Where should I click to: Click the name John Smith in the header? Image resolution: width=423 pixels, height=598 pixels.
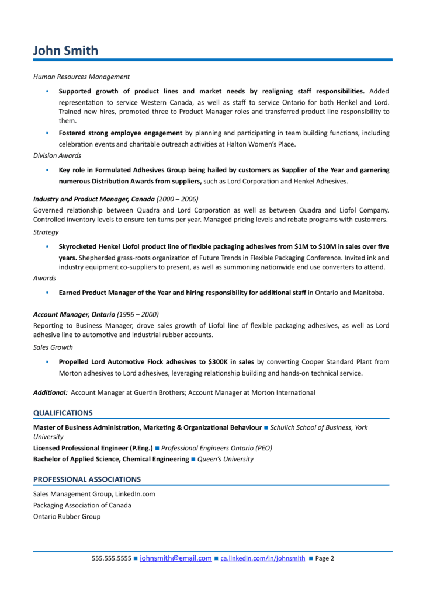[x=65, y=50]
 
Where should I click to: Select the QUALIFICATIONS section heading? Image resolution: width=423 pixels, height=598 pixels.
[x=63, y=413]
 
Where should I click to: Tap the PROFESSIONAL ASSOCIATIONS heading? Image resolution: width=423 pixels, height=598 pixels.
[x=86, y=479]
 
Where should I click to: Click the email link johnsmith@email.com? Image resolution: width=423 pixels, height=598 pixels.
[x=175, y=558]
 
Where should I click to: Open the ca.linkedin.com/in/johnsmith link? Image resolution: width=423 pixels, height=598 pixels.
[x=262, y=559]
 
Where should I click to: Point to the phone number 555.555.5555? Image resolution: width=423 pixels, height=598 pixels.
[x=111, y=559]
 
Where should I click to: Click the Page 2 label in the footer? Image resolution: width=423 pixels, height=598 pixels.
[x=324, y=559]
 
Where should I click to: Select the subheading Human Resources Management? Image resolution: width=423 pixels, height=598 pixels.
[x=81, y=77]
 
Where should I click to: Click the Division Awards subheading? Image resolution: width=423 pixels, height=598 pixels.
[x=57, y=155]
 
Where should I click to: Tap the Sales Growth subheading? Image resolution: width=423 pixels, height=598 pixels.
[x=53, y=347]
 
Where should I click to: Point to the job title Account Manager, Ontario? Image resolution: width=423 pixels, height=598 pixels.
[x=74, y=314]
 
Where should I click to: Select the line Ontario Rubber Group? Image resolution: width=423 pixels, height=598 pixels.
[x=67, y=517]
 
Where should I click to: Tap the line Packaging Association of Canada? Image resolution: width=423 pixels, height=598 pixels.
[x=82, y=505]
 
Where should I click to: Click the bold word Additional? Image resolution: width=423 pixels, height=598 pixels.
[x=50, y=393]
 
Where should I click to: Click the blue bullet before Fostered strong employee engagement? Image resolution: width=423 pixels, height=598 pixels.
[x=47, y=133]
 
